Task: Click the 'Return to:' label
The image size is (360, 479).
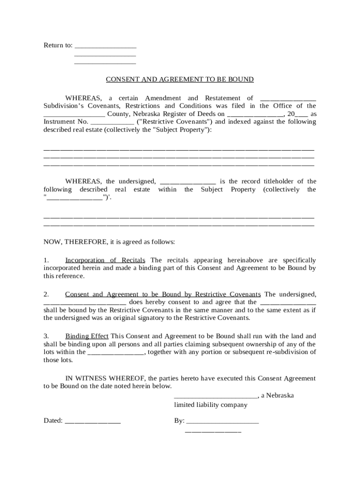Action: [x=58, y=45]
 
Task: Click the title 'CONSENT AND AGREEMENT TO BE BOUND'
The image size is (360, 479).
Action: [x=180, y=80]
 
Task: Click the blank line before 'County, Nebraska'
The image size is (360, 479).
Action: [x=74, y=114]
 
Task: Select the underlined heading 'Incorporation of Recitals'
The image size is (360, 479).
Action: [x=105, y=260]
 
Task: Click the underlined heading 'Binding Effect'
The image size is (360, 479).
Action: [x=87, y=336]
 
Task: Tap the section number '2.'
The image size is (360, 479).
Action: [x=46, y=295]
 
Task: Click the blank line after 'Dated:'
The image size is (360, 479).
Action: [x=93, y=421]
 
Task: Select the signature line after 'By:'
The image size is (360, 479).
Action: [x=222, y=421]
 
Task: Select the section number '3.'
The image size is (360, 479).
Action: [x=46, y=336]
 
